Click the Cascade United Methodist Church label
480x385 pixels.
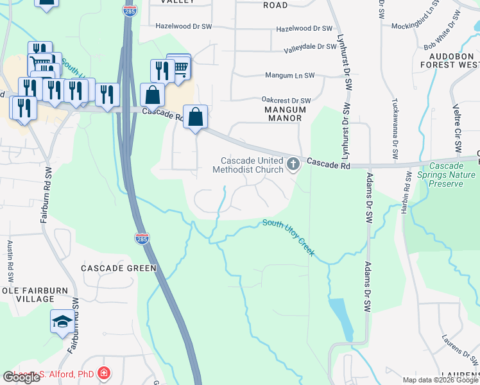click(x=252, y=165)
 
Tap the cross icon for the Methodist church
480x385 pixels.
click(x=293, y=164)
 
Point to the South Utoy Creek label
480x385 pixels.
click(x=289, y=237)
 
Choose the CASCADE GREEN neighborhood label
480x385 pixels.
click(x=119, y=268)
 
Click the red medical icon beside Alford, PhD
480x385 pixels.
click(x=104, y=373)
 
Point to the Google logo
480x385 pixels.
click(x=21, y=377)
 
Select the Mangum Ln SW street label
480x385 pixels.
click(x=291, y=75)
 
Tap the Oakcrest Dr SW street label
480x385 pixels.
click(x=286, y=100)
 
